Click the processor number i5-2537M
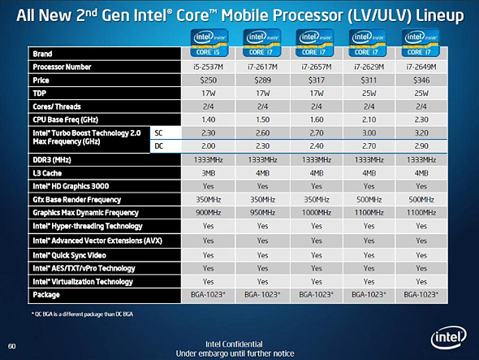click(208, 67)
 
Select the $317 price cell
click(317, 80)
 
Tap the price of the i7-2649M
click(421, 80)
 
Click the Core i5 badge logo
click(209, 43)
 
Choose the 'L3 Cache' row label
click(47, 173)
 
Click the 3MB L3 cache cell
click(208, 173)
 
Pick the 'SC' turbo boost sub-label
click(158, 133)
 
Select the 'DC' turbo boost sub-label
click(159, 146)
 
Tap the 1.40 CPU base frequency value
click(209, 119)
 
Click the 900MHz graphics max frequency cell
click(209, 213)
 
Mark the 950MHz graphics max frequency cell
click(262, 213)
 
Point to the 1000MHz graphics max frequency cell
click(317, 213)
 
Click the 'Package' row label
click(46, 295)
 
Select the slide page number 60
click(11, 346)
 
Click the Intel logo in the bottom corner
click(448, 337)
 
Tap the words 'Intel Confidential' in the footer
click(234, 345)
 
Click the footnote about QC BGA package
click(82, 314)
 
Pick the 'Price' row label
click(41, 80)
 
